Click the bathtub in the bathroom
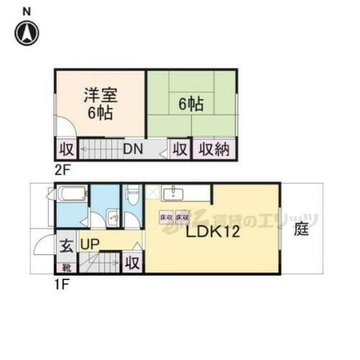coord(71,195)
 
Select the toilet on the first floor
coord(132,194)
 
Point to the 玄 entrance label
coord(66,245)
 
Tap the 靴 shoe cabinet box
coord(66,266)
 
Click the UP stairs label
coord(90,245)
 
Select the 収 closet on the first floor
coord(132,263)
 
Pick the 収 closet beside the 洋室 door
coord(66,150)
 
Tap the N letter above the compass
coord(27,11)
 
